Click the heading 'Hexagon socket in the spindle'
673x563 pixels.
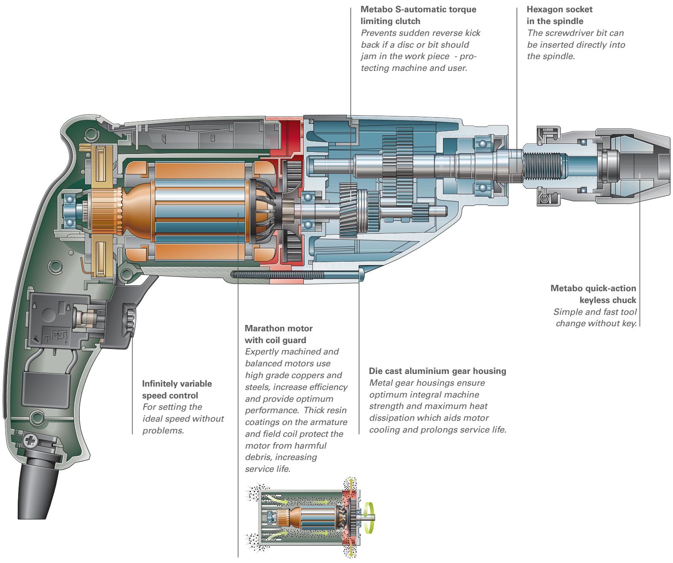click(553, 15)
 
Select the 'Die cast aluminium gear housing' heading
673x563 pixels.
click(437, 371)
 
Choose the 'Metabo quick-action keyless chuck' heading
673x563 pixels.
click(594, 294)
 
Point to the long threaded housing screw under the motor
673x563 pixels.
click(278, 274)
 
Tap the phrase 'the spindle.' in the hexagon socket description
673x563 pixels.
click(551, 55)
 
